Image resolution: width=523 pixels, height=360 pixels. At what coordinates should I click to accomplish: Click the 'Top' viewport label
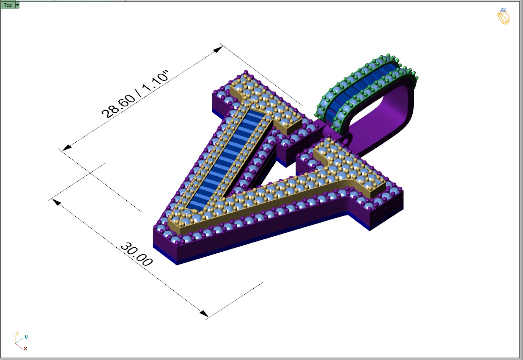(x=8, y=5)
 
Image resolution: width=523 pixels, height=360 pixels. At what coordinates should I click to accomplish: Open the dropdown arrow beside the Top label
(x=17, y=5)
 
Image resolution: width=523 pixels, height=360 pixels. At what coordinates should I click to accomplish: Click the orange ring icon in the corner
(x=503, y=16)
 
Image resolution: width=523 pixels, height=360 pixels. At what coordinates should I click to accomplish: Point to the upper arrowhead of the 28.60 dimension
(x=218, y=49)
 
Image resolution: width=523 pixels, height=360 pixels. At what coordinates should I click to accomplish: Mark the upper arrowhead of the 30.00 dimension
(x=57, y=202)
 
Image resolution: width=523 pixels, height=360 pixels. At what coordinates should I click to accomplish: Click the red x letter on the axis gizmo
(x=25, y=348)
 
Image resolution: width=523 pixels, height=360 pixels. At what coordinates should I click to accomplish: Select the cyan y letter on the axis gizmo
(x=26, y=337)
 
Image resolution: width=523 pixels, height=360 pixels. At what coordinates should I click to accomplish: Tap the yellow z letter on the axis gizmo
(x=17, y=334)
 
